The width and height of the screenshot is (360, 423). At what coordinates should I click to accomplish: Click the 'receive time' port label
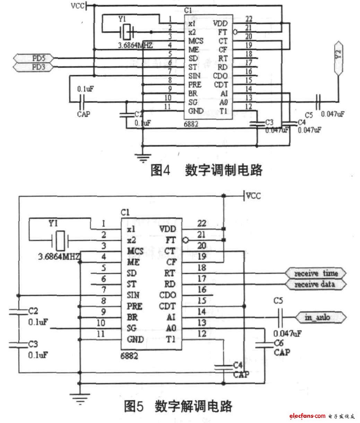click(316, 273)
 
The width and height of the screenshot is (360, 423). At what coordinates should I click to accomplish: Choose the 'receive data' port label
click(315, 284)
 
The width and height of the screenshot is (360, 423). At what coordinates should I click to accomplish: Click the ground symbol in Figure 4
click(142, 158)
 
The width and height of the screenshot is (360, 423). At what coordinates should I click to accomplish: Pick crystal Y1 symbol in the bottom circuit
click(61, 240)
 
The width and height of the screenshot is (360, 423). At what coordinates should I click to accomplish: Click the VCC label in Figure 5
click(253, 196)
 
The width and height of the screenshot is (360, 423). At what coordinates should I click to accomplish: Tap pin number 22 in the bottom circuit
click(202, 223)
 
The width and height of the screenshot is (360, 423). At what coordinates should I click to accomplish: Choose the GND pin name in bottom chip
click(135, 339)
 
